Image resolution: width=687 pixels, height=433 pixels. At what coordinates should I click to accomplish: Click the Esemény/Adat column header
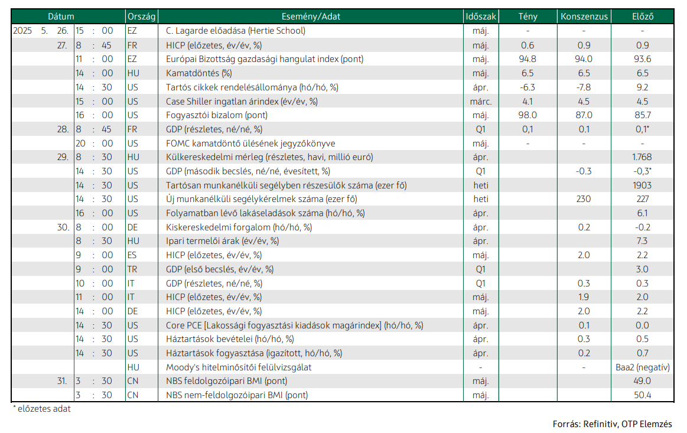(x=311, y=17)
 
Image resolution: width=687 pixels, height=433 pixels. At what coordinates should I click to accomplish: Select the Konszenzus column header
(x=584, y=17)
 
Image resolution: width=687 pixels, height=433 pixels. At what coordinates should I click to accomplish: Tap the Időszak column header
(x=481, y=17)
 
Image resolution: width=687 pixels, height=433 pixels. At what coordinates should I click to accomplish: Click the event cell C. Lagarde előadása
(x=235, y=31)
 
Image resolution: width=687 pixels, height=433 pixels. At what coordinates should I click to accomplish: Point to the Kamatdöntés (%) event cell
(x=199, y=73)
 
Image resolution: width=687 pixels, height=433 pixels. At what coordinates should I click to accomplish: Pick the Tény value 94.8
(x=528, y=59)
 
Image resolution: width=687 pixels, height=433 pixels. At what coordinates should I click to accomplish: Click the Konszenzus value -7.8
(x=584, y=87)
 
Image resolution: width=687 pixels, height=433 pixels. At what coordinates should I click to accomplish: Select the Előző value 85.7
(x=642, y=115)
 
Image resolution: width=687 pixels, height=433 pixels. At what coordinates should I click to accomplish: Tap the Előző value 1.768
(x=642, y=157)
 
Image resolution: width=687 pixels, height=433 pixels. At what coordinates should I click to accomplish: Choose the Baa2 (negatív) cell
(x=642, y=367)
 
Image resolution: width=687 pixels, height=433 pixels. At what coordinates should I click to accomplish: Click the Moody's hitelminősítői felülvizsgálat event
(x=238, y=367)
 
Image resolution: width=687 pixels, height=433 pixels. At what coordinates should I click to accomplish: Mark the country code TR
(x=132, y=269)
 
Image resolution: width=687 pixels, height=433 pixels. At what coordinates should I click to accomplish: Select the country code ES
(x=132, y=255)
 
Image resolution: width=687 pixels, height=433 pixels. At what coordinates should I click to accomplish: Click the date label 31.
(x=62, y=381)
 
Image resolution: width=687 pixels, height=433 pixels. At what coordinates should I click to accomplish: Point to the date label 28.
(x=63, y=129)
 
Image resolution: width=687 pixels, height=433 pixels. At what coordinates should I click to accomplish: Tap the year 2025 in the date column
(x=22, y=31)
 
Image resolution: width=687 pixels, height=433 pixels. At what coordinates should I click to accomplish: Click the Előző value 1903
(x=642, y=185)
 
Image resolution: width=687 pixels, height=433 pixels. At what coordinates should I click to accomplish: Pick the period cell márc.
(x=481, y=101)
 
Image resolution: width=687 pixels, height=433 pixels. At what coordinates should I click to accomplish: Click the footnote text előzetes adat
(x=44, y=409)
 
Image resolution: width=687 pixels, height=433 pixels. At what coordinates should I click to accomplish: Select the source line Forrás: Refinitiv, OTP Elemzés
(x=612, y=424)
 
